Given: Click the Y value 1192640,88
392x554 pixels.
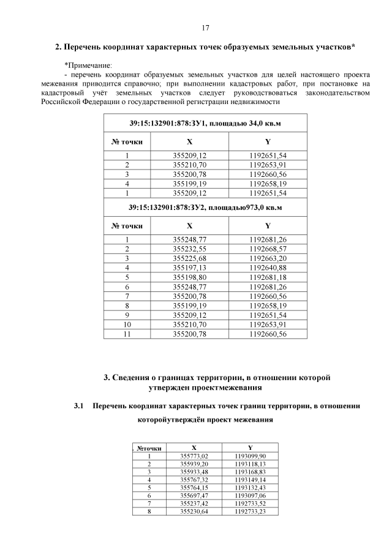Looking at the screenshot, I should (268, 268).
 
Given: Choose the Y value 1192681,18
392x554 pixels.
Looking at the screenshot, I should (268, 277).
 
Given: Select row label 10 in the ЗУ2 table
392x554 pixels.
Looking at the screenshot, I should (127, 324).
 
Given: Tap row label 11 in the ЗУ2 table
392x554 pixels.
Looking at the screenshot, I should (127, 334).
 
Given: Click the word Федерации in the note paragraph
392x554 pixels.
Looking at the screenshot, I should (98, 102).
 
